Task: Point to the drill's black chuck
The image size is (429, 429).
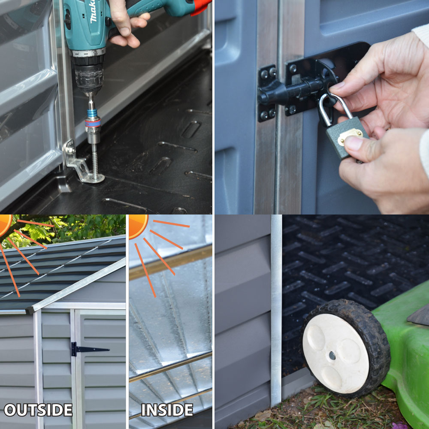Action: click(x=89, y=73)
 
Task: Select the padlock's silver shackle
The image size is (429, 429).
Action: click(x=334, y=108)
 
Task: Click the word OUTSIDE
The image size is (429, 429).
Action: click(x=38, y=410)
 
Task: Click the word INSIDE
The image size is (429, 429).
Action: click(x=167, y=410)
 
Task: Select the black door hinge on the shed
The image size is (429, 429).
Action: click(x=88, y=349)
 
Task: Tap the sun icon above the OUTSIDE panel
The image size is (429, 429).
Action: click(x=6, y=224)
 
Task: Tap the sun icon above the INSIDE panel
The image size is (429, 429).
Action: click(x=138, y=226)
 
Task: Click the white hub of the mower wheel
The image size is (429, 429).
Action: click(x=335, y=353)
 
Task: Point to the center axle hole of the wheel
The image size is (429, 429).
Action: click(x=332, y=356)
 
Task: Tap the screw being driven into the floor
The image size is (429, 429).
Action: click(x=95, y=161)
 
